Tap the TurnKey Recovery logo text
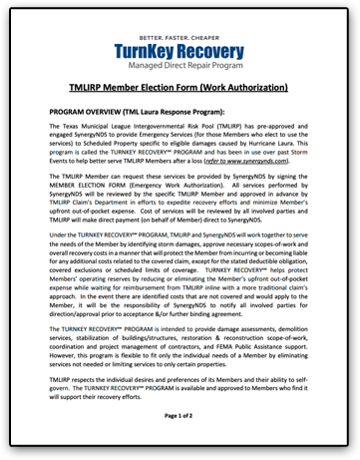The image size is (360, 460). pyautogui.click(x=180, y=50)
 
